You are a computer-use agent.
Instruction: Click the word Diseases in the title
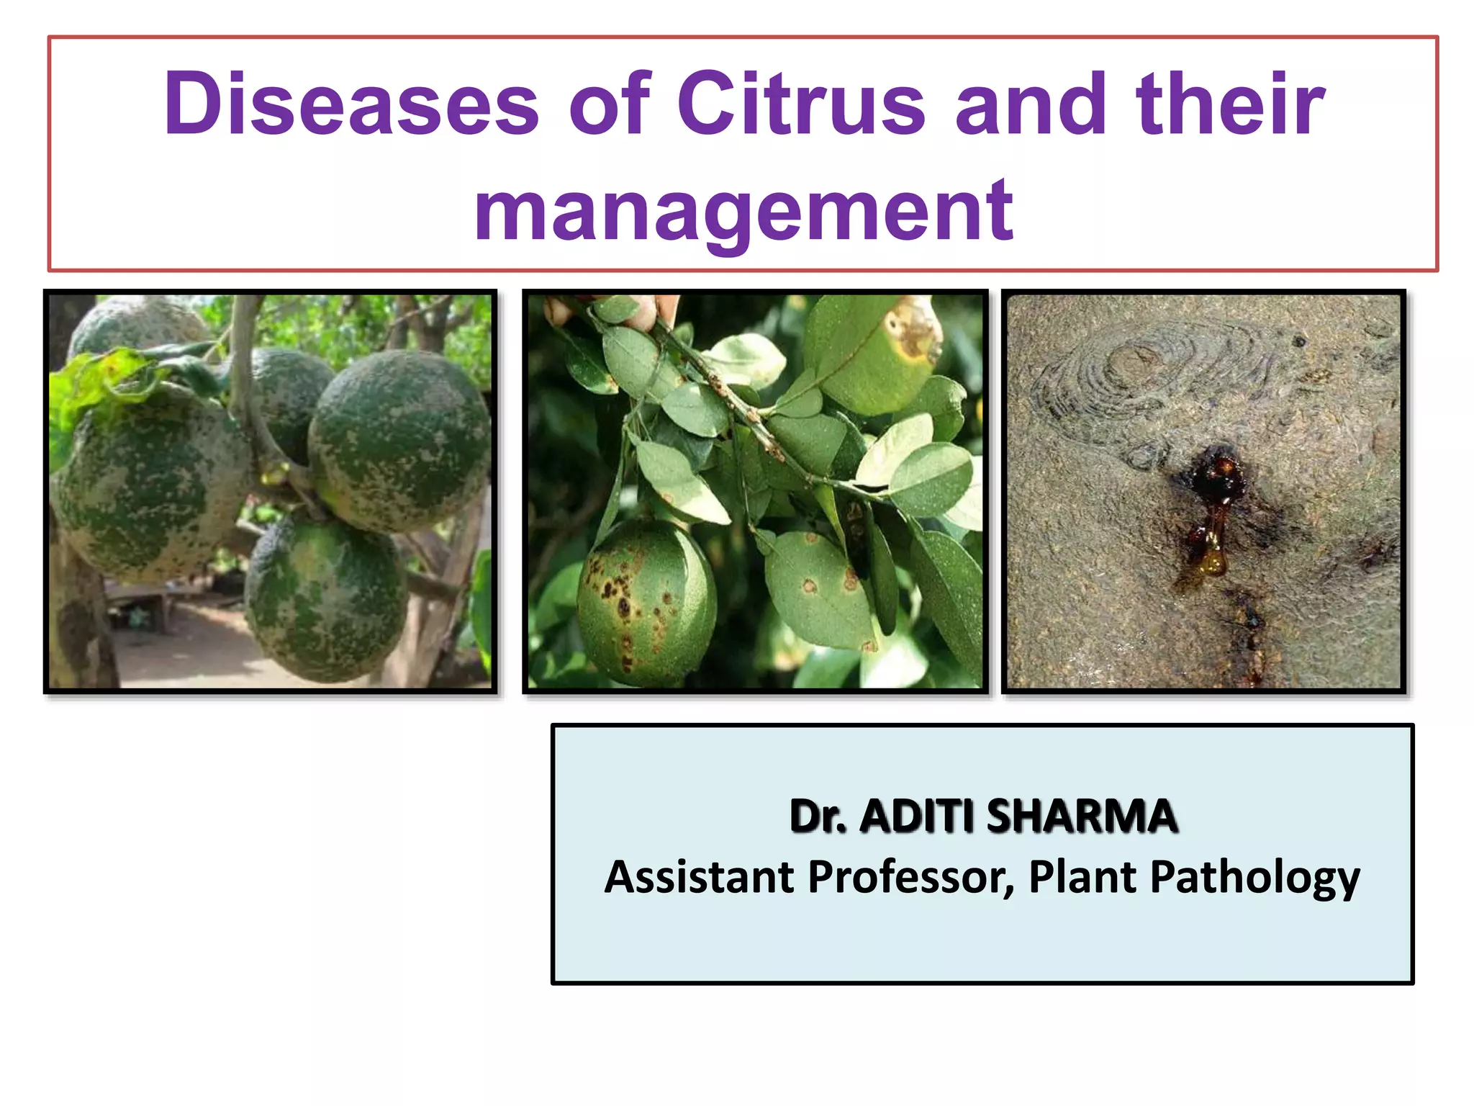(351, 105)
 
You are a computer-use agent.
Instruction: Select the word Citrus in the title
(800, 105)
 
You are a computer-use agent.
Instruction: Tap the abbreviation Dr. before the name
(818, 817)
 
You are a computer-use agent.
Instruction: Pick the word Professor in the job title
(910, 877)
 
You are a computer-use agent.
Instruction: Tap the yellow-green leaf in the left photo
(101, 382)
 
